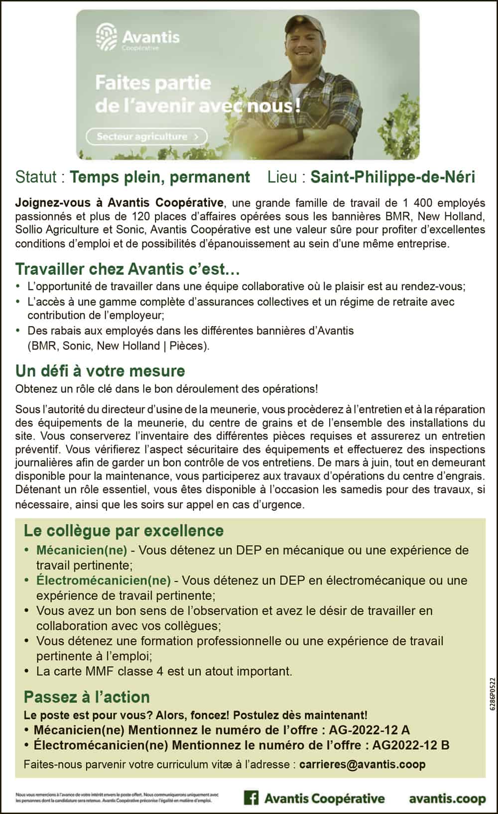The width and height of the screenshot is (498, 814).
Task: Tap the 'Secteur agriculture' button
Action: pyautogui.click(x=146, y=136)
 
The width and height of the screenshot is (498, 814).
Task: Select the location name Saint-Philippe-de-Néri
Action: pyautogui.click(x=392, y=177)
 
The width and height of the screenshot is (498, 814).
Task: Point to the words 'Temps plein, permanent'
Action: pyautogui.click(x=160, y=177)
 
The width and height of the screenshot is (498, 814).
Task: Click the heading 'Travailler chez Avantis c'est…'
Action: pyautogui.click(x=127, y=269)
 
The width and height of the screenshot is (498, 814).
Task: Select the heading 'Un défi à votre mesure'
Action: pyautogui.click(x=100, y=371)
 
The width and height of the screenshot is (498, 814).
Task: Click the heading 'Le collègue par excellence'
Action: pyautogui.click(x=124, y=531)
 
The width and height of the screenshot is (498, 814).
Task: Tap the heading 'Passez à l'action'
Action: pyautogui.click(x=87, y=697)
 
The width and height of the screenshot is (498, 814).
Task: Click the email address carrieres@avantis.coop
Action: pyautogui.click(x=363, y=764)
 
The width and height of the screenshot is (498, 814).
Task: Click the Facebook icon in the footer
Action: pyautogui.click(x=251, y=798)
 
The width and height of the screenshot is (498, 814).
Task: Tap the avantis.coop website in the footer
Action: pyautogui.click(x=447, y=799)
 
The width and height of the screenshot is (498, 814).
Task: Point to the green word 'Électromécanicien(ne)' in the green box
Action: pyautogui.click(x=104, y=581)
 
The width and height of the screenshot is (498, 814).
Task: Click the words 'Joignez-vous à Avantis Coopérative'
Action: pyautogui.click(x=119, y=203)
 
